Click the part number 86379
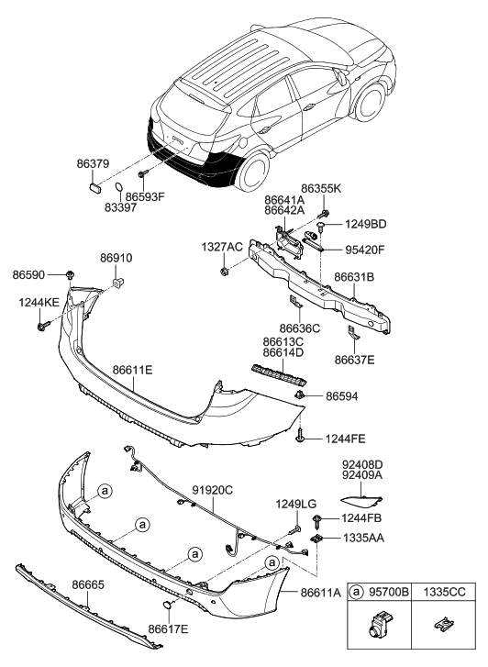[x=94, y=164]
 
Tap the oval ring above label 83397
[x=120, y=191]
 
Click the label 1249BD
[x=366, y=224]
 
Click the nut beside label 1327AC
[x=225, y=272]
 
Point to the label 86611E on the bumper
[x=132, y=371]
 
